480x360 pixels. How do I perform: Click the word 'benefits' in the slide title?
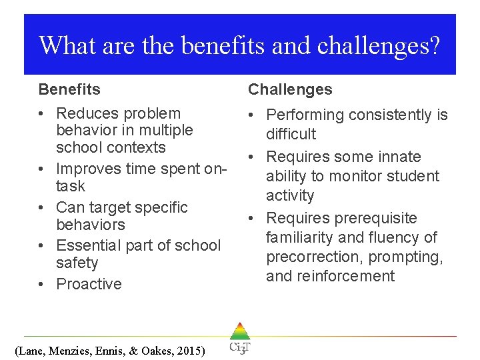pos(220,45)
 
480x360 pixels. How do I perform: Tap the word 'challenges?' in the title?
pos(379,45)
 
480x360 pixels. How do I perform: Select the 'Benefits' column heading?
pos(69,89)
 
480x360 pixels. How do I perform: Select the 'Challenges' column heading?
pos(290,89)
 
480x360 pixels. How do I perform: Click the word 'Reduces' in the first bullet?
pos(83,113)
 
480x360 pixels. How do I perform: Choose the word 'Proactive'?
pos(89,284)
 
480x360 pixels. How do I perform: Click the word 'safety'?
pos(77,263)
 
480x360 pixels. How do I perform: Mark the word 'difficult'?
pos(291,134)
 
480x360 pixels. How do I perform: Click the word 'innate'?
pos(397,157)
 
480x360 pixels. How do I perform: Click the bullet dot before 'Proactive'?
pos(43,285)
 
